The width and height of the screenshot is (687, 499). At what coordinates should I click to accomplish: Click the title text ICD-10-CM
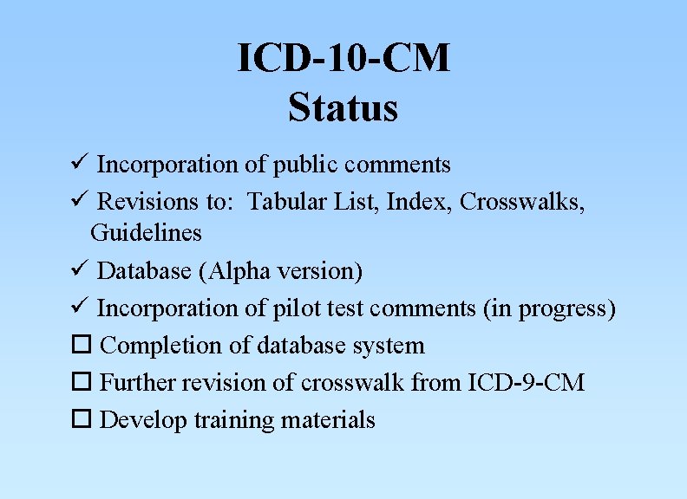(343, 59)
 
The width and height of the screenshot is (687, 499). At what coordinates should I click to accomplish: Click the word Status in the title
(343, 108)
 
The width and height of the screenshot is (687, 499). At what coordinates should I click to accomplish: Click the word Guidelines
(146, 233)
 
